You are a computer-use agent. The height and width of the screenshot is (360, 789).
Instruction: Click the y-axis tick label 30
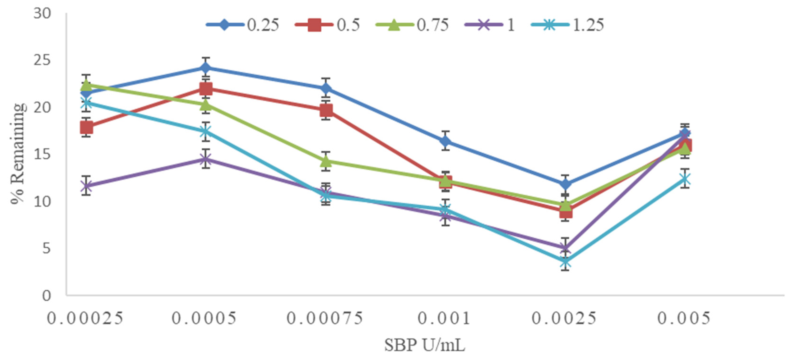(42, 14)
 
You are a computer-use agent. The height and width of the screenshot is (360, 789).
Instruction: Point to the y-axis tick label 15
(42, 154)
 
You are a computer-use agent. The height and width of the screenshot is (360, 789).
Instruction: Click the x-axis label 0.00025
(85, 318)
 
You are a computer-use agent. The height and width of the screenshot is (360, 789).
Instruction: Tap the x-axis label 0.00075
(325, 318)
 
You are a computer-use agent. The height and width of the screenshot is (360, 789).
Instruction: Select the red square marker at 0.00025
(87, 127)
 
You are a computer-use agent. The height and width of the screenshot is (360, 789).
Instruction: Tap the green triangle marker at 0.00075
(326, 160)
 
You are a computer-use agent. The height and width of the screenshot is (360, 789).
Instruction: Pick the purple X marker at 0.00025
(87, 186)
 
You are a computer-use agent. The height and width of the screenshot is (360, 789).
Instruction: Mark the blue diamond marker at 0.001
(446, 141)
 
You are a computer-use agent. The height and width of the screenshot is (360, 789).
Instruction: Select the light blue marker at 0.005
(685, 178)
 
